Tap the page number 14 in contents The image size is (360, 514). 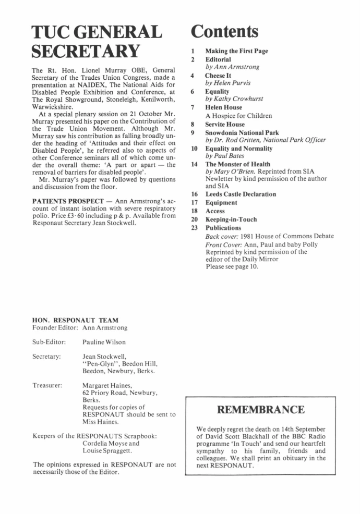click(193, 164)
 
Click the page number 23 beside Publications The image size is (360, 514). click(193, 228)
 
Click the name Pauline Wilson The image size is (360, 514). click(104, 342)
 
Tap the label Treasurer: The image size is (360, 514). click(47, 386)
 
